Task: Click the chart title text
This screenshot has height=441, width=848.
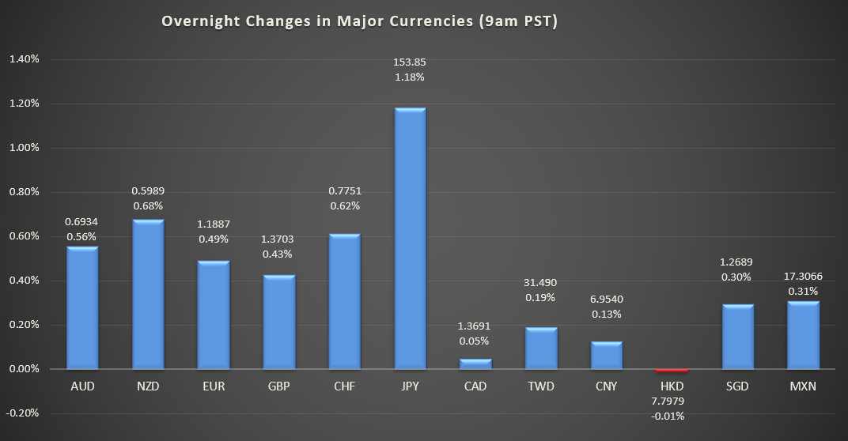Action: pyautogui.click(x=360, y=21)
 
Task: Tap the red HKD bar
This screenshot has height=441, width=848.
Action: pyautogui.click(x=672, y=370)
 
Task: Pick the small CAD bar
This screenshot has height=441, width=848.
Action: pyautogui.click(x=475, y=364)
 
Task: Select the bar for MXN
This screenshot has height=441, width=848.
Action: pyautogui.click(x=803, y=335)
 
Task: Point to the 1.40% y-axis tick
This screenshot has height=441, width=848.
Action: pyautogui.click(x=25, y=59)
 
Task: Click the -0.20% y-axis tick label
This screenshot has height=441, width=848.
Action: pyautogui.click(x=24, y=413)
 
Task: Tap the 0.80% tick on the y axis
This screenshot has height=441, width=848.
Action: pyautogui.click(x=25, y=192)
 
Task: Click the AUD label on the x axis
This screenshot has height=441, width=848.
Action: pyautogui.click(x=82, y=386)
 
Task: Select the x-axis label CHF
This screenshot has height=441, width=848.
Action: pyautogui.click(x=344, y=386)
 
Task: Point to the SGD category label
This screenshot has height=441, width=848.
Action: pyautogui.click(x=737, y=386)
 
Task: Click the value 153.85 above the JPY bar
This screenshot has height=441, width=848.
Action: pyautogui.click(x=410, y=62)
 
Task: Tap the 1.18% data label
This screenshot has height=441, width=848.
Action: pyautogui.click(x=410, y=77)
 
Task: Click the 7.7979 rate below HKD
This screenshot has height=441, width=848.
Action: pyautogui.click(x=672, y=400)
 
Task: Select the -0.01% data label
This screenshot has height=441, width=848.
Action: pyautogui.click(x=672, y=416)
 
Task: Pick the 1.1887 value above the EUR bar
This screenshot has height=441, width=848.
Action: pyautogui.click(x=214, y=224)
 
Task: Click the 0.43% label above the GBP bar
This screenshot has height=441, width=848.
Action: pyautogui.click(x=278, y=254)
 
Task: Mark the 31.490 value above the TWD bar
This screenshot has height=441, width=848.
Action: pyautogui.click(x=541, y=283)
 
